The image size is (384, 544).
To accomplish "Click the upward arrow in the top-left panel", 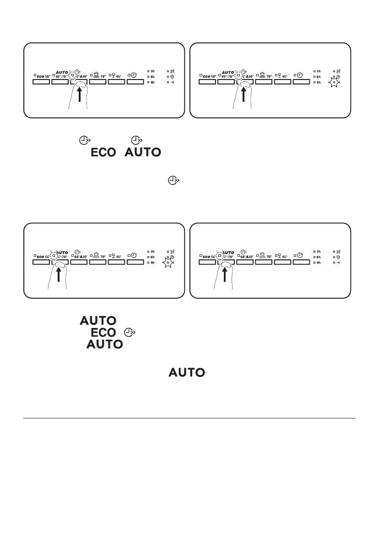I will click(x=80, y=95).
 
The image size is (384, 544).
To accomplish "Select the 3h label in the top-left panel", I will click(x=152, y=71).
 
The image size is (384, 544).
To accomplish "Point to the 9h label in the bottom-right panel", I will click(x=319, y=263).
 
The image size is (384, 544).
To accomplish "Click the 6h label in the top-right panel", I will click(x=319, y=77).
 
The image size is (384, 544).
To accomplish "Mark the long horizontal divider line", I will click(x=189, y=417).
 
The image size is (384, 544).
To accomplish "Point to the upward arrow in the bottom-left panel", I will click(x=59, y=275).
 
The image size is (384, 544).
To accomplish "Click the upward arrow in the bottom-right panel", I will click(x=225, y=275).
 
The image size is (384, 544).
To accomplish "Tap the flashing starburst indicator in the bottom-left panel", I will click(x=169, y=263).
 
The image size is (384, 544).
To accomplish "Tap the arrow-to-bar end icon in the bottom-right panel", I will click(x=338, y=263).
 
